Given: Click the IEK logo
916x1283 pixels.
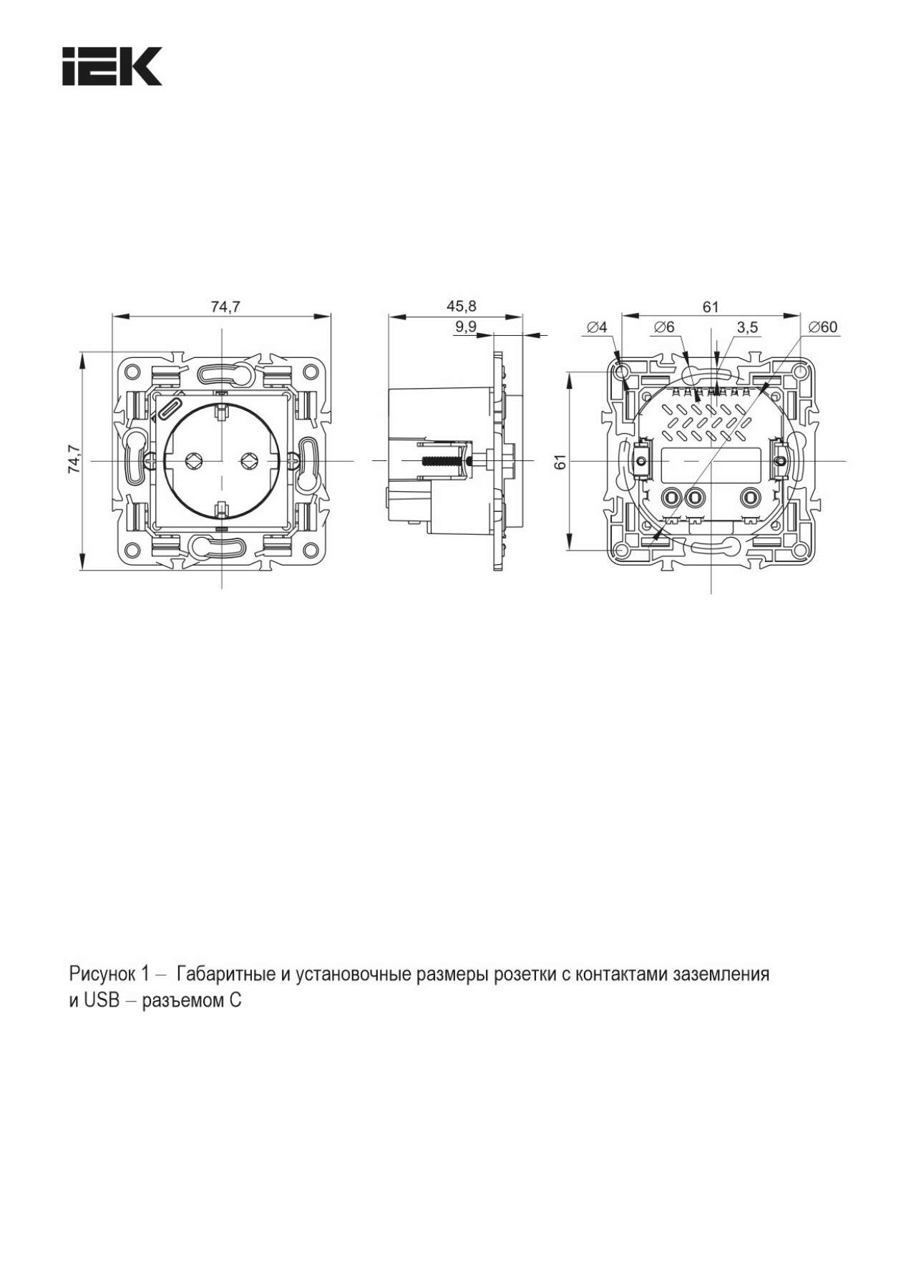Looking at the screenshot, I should [x=112, y=67].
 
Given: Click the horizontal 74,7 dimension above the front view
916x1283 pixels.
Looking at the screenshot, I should [x=225, y=306].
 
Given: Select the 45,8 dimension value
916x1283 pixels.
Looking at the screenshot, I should [x=461, y=306].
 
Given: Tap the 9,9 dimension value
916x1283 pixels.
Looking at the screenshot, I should [x=466, y=327].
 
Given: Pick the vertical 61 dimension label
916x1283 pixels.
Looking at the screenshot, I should [x=561, y=462].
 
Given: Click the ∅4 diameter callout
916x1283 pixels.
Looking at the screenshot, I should [x=596, y=327].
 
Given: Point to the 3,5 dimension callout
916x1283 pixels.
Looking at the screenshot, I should [x=747, y=327].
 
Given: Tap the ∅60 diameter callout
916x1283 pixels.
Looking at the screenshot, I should [x=822, y=327].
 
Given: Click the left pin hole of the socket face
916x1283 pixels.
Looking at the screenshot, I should [x=193, y=460].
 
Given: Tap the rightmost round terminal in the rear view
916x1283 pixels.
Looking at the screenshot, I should [x=750, y=495].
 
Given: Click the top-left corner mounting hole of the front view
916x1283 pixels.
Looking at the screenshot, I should [x=132, y=372].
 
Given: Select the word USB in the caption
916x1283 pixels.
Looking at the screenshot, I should [x=101, y=1000].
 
